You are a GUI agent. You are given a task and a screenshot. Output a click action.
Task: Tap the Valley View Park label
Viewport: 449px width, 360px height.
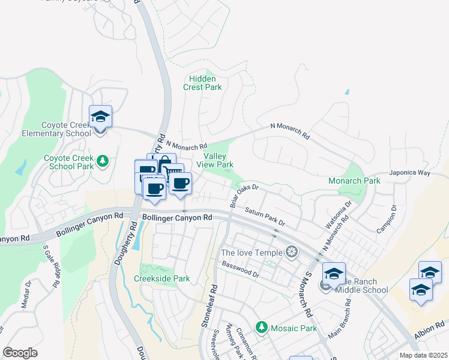[214, 160]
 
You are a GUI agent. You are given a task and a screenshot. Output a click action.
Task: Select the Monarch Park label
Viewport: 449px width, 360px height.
[354, 181]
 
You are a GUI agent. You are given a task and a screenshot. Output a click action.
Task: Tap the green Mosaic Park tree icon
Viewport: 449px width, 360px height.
[261, 328]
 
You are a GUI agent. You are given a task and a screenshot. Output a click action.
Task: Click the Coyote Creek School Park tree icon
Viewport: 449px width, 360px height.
[103, 161]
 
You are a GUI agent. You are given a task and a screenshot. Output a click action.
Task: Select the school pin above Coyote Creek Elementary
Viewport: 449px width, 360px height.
[100, 116]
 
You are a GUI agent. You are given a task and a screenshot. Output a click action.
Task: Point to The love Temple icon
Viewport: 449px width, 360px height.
[292, 251]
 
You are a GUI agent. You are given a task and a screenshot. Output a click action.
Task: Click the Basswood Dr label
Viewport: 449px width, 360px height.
[240, 269]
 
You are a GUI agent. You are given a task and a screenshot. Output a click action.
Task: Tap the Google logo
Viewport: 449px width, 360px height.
[20, 353]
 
